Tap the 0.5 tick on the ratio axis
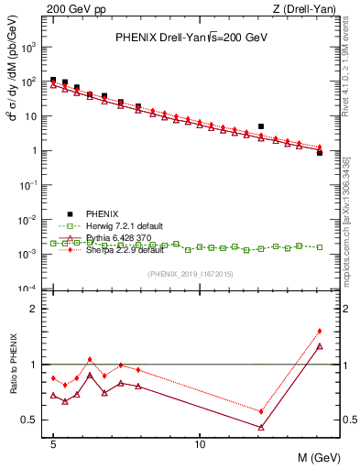point(32,420)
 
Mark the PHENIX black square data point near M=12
point(261,126)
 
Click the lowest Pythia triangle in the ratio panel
point(261,427)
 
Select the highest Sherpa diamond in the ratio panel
point(320,331)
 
